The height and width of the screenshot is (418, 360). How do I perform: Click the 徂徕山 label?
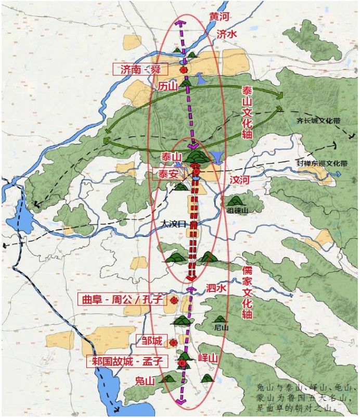tap(237, 211)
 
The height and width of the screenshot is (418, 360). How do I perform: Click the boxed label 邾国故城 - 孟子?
tap(128, 361)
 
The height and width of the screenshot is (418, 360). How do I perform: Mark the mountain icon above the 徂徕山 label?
tap(235, 200)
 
